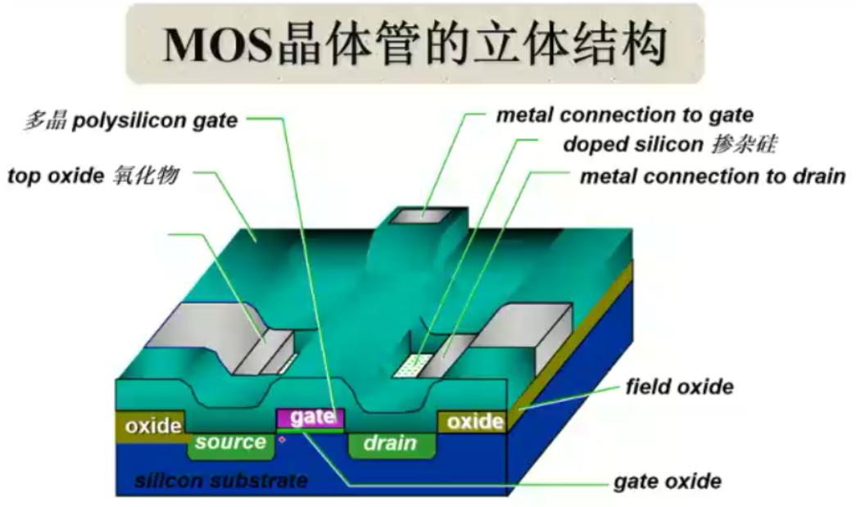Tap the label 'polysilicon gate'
(155, 121)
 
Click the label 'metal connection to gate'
(624, 115)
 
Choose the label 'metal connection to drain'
(712, 176)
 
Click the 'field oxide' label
(679, 386)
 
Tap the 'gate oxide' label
(668, 481)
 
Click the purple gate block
(311, 417)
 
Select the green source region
(230, 443)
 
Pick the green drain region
(390, 444)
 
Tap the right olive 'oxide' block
(474, 422)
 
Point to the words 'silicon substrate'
(221, 480)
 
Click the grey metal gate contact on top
(423, 214)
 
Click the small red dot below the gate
(283, 440)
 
